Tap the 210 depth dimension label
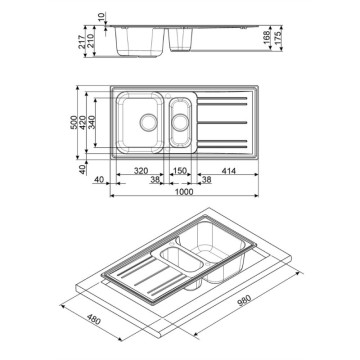click(x=90, y=43)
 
